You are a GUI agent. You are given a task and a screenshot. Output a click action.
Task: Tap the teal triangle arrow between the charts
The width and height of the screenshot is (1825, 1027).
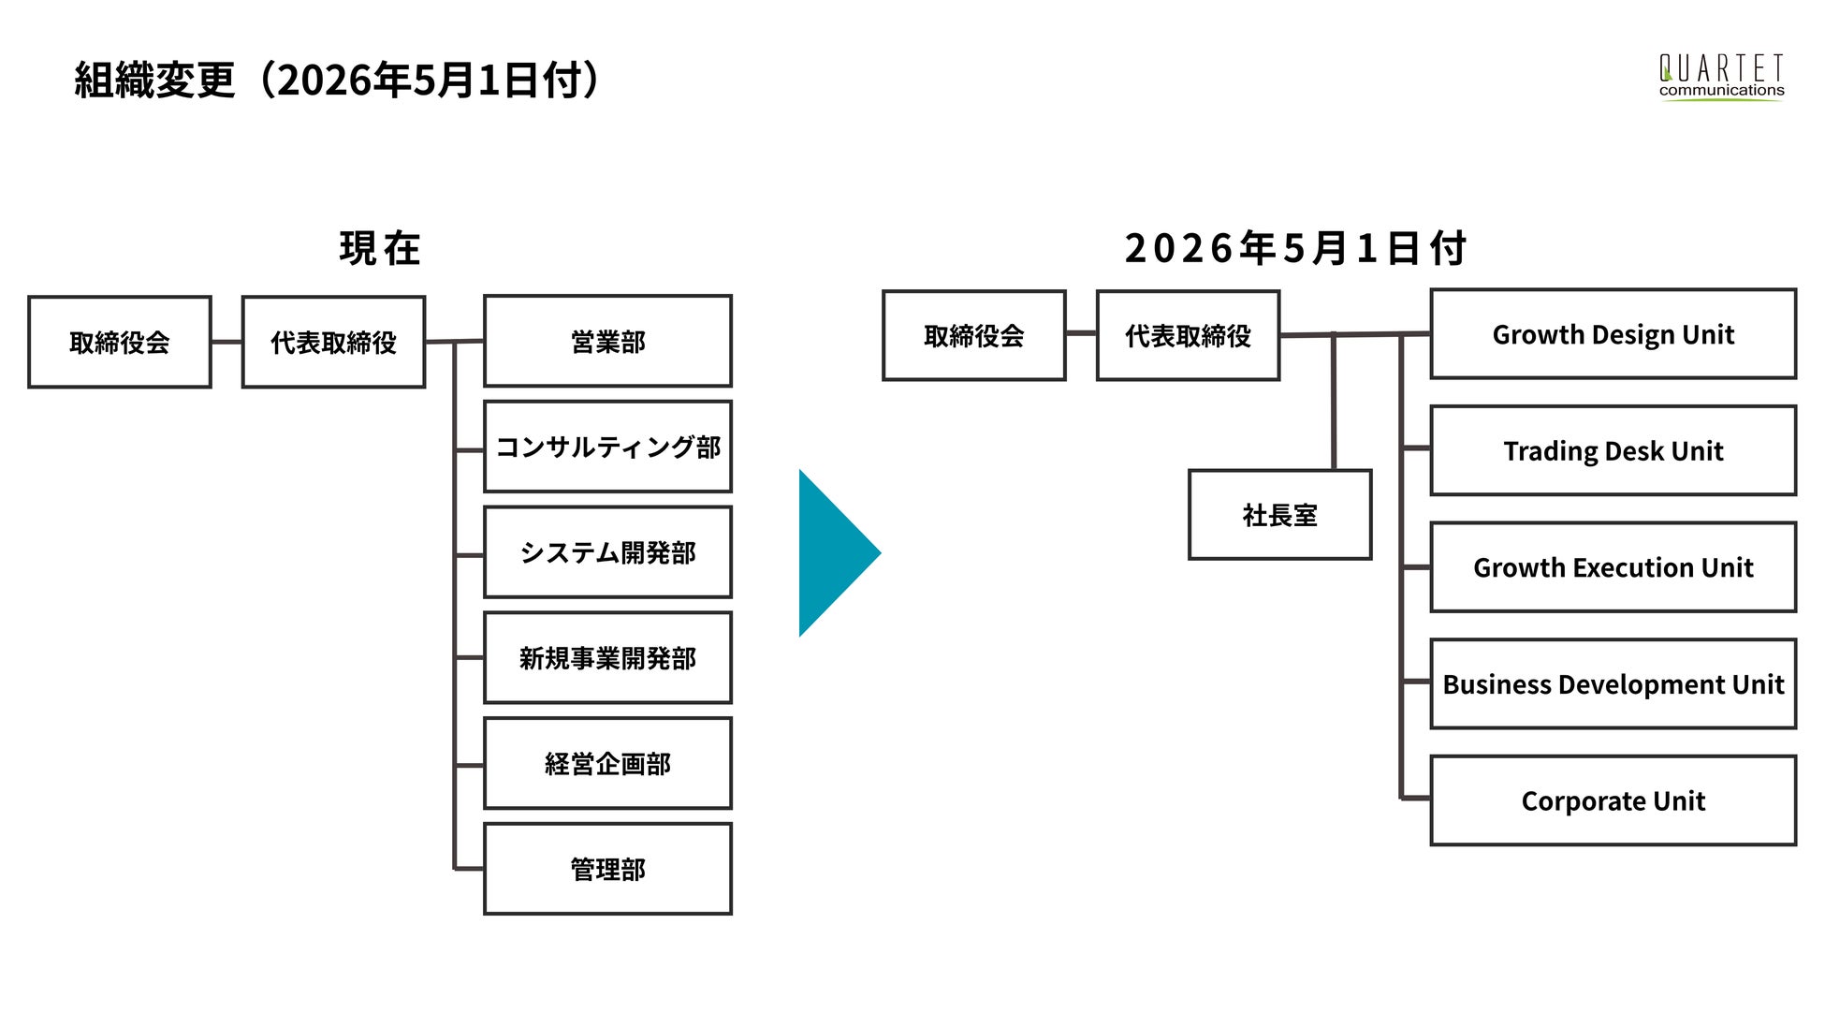click(x=839, y=553)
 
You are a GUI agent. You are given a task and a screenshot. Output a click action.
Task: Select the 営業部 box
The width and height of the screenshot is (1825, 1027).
click(x=607, y=341)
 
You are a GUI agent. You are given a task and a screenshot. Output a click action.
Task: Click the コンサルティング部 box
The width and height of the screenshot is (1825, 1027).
click(x=607, y=447)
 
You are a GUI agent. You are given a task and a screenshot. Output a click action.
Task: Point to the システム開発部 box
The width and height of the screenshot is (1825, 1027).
click(x=607, y=552)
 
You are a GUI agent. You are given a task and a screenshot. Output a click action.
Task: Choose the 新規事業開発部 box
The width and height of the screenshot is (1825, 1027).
click(x=607, y=658)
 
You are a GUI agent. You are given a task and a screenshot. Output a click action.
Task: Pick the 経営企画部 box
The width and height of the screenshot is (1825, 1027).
click(x=607, y=763)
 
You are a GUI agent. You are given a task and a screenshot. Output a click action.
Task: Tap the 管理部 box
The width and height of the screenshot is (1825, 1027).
click(x=607, y=869)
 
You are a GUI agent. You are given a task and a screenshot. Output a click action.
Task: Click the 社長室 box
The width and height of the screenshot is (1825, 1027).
click(x=1279, y=515)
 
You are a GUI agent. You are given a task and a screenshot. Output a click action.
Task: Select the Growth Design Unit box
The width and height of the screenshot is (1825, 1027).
click(x=1613, y=334)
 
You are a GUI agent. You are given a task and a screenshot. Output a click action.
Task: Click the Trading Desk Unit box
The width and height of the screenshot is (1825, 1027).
click(x=1613, y=450)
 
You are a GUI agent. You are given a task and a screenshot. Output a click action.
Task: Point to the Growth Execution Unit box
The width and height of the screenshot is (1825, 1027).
click(x=1613, y=567)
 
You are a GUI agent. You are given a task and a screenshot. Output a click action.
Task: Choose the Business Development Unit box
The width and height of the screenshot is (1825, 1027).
click(x=1613, y=683)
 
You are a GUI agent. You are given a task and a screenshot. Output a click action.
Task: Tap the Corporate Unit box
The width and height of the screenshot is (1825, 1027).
click(x=1613, y=800)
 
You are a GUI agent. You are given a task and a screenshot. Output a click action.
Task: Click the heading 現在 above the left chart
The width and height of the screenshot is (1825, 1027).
click(x=380, y=249)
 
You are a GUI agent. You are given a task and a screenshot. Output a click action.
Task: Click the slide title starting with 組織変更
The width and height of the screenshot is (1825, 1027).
click(x=337, y=80)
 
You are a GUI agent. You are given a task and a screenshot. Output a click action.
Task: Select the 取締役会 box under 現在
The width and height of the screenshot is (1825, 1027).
click(x=120, y=342)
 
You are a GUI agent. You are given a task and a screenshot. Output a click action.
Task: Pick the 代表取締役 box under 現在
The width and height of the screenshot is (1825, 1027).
click(x=333, y=342)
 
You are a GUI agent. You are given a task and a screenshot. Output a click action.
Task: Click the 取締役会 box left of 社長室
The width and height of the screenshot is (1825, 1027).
click(x=973, y=335)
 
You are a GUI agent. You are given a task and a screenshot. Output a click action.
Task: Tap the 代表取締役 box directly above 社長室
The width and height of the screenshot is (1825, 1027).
click(x=1188, y=335)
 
